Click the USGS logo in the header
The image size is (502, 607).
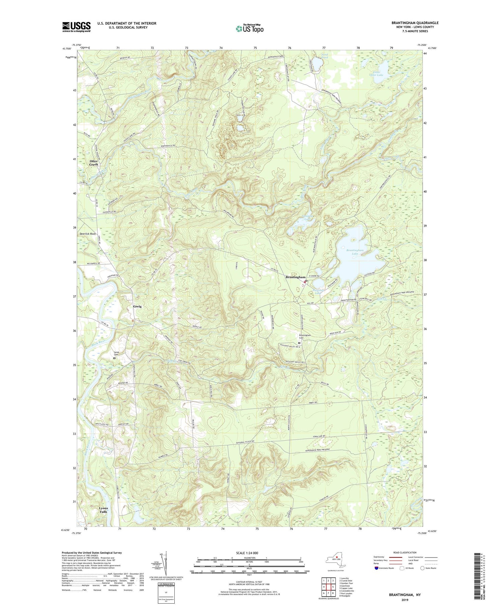point(76,27)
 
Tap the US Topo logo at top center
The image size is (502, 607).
point(250,28)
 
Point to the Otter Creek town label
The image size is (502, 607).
point(94,163)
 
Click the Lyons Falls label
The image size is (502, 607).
point(103,510)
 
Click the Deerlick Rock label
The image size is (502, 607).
point(88,234)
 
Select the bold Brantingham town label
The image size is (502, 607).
point(296,277)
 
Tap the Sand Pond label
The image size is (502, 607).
point(325,56)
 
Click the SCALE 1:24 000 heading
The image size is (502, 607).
point(249,552)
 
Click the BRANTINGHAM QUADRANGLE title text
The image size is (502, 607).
point(415,23)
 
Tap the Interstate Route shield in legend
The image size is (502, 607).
point(377,568)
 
